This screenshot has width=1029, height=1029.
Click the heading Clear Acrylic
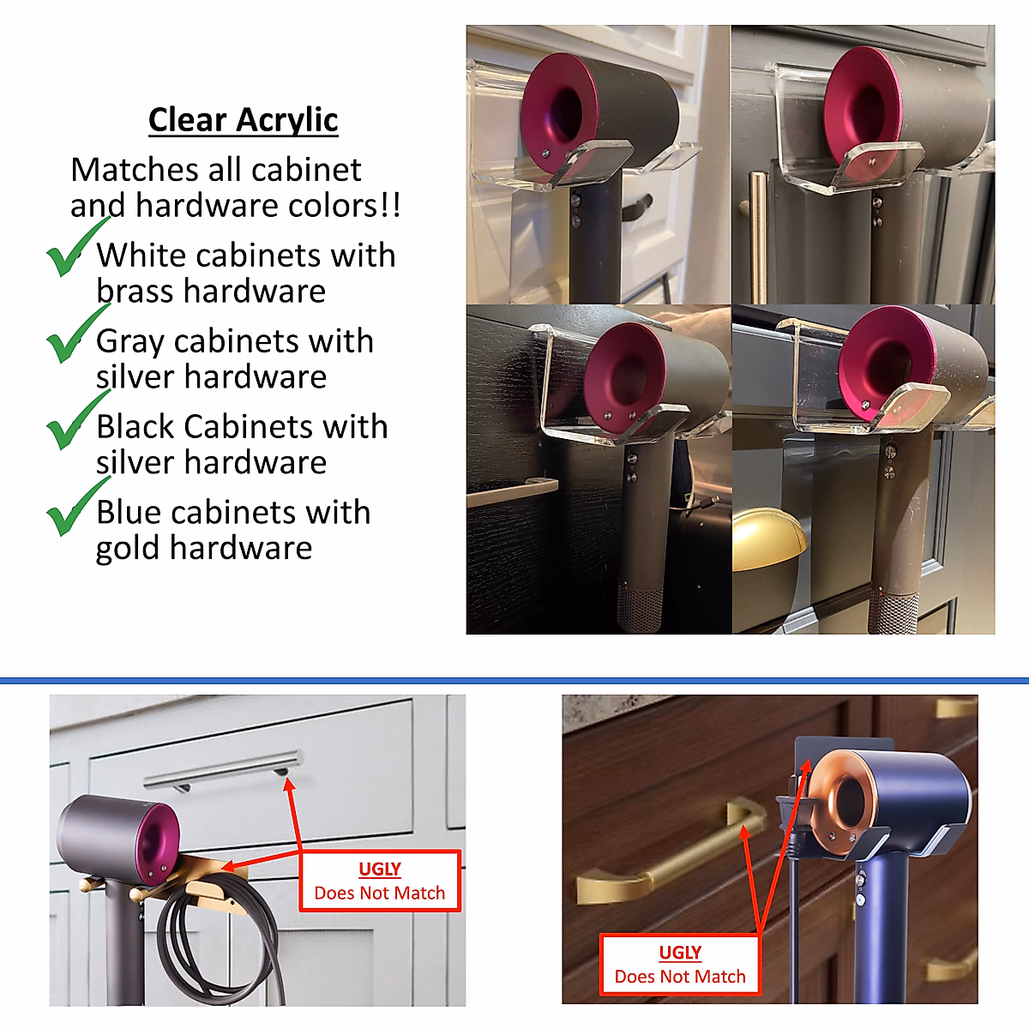click(243, 120)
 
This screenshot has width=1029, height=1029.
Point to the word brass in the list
click(135, 292)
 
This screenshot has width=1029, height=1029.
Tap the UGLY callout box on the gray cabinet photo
click(380, 881)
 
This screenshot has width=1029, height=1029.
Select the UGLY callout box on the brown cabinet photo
click(680, 965)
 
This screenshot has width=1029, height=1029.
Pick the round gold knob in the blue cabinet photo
click(768, 540)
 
